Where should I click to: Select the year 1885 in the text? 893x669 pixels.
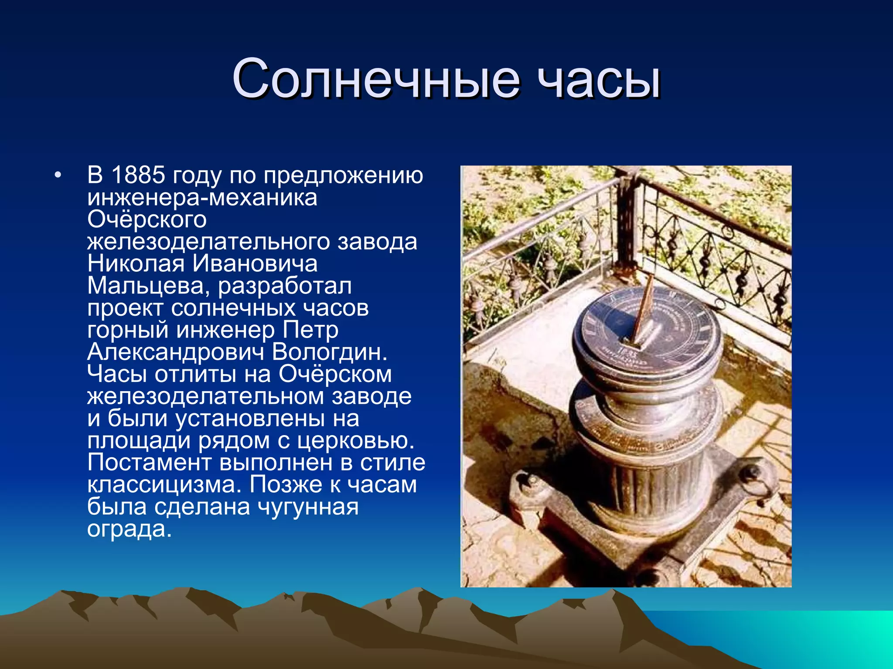pyautogui.click(x=138, y=175)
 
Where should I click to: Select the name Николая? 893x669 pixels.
pyautogui.click(x=136, y=264)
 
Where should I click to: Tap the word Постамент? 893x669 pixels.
pyautogui.click(x=149, y=463)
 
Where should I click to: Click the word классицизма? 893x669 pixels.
pyautogui.click(x=164, y=484)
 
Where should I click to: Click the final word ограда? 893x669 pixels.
pyautogui.click(x=129, y=529)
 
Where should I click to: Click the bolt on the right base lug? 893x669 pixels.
pyautogui.click(x=751, y=472)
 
